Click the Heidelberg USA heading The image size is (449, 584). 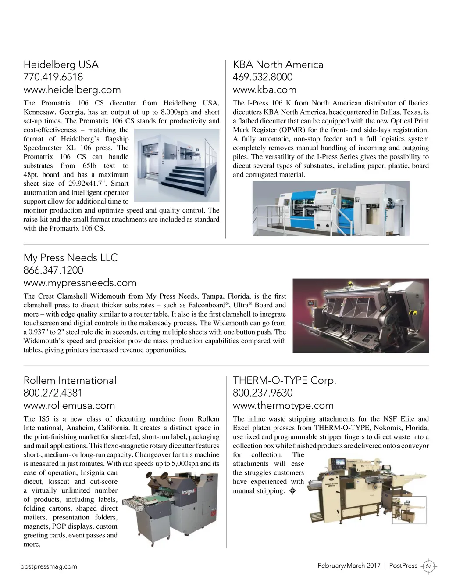[x=61, y=65]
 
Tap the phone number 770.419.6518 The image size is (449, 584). [x=53, y=77]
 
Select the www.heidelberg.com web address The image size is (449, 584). [x=72, y=90]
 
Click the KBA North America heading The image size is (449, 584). [x=278, y=65]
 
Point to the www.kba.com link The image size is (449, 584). [x=264, y=90]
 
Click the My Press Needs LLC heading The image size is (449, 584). [x=71, y=258]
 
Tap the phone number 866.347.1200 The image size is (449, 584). [x=53, y=270]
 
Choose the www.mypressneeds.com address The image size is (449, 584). [x=80, y=283]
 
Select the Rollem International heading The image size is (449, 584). [x=70, y=381]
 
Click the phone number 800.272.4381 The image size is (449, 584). [x=53, y=393]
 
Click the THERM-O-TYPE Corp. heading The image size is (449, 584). [x=284, y=381]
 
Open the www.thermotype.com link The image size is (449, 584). [x=283, y=406]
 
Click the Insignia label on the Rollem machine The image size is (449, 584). [x=189, y=491]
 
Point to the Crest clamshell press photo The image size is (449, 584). [x=360, y=316]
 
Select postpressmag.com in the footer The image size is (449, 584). [x=49, y=566]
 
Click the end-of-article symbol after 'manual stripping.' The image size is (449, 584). [x=293, y=491]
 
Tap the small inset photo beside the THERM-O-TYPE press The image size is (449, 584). [x=409, y=509]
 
